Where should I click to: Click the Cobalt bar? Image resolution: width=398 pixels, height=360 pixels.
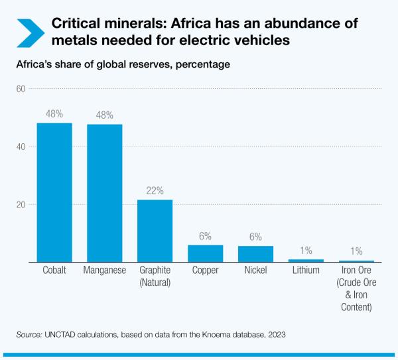click(x=54, y=192)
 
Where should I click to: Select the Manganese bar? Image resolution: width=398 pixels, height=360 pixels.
click(x=105, y=193)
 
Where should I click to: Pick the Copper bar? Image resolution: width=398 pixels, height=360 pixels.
click(x=205, y=253)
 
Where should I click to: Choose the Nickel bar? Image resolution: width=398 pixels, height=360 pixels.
click(x=255, y=254)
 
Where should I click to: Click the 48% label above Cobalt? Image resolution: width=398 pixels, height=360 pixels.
click(x=54, y=113)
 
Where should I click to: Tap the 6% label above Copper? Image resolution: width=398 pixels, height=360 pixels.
click(x=205, y=236)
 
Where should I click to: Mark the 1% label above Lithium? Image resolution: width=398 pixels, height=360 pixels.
click(x=306, y=250)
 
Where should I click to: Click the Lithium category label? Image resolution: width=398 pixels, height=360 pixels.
click(x=306, y=270)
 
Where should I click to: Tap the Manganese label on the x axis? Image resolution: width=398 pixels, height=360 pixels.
click(x=105, y=270)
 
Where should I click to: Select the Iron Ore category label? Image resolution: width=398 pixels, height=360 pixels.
click(x=357, y=270)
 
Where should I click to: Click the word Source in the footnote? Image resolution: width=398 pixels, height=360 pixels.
click(x=29, y=335)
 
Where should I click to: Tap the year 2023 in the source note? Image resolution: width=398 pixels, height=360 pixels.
click(x=275, y=335)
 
